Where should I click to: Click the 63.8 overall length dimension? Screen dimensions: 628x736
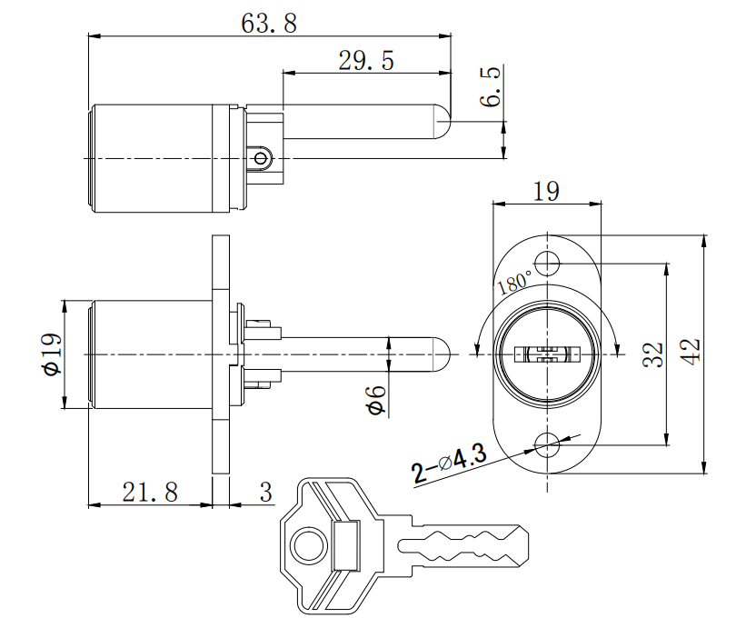coord(269,24)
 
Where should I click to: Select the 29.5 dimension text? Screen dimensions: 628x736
coord(366,61)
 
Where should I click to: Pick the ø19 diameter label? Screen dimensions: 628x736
coord(52,354)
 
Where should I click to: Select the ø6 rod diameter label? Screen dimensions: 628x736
coord(375,399)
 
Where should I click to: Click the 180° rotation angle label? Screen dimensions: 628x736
coord(515,281)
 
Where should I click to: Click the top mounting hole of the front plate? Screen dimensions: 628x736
coord(547,264)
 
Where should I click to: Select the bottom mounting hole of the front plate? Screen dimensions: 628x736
coord(547,445)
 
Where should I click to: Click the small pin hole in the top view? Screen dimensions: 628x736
coord(262,158)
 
